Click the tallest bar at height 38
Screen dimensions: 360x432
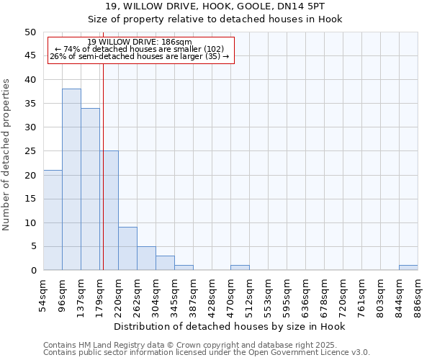point(71,179)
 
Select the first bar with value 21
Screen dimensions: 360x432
point(53,220)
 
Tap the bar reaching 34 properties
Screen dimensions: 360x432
point(90,189)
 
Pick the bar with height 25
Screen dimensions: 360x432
point(109,210)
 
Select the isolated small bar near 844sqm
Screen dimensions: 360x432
point(408,268)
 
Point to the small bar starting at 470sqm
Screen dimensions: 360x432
point(240,268)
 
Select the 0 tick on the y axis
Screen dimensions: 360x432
point(32,271)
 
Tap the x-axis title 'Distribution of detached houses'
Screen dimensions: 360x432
point(230,327)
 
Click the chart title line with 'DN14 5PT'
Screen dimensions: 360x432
point(215,7)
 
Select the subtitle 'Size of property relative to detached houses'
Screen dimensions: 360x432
point(215,19)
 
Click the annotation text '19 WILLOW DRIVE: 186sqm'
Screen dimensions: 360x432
point(140,42)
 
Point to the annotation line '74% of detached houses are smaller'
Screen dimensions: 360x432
point(140,49)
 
